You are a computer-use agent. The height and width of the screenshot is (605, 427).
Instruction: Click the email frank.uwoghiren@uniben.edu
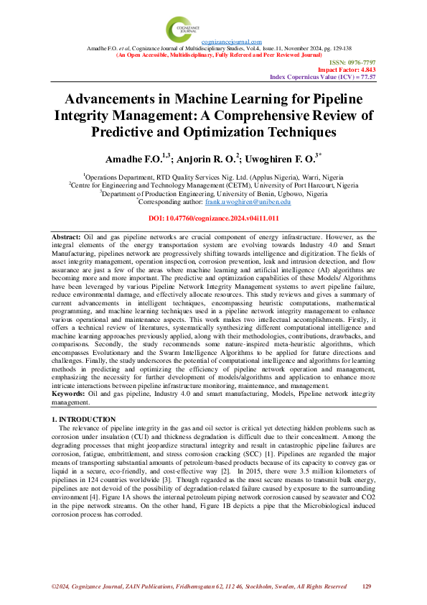(257, 203)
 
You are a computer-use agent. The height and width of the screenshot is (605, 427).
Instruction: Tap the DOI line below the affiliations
(213, 218)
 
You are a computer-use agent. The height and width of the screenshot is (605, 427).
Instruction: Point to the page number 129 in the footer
(366, 587)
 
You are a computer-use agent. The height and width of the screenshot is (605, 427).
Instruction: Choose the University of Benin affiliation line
(213, 193)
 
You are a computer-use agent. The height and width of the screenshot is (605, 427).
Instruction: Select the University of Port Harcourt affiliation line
(213, 184)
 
